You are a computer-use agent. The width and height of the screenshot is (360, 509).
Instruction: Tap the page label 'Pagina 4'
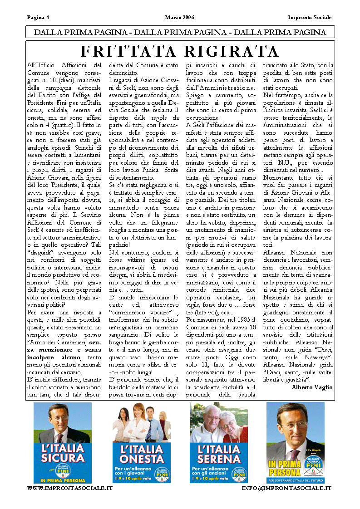click(x=38, y=18)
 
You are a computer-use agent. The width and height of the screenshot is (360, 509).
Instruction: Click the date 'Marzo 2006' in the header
click(x=179, y=18)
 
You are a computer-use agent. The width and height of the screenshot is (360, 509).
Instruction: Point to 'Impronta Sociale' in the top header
click(x=310, y=18)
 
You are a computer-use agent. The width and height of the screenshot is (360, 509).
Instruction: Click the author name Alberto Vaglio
click(x=312, y=387)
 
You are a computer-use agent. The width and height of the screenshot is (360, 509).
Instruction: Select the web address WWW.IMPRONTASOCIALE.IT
click(x=70, y=488)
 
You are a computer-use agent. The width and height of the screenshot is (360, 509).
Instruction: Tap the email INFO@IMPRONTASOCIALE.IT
click(x=286, y=488)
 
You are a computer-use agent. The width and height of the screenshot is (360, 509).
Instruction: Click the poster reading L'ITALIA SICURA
click(x=63, y=443)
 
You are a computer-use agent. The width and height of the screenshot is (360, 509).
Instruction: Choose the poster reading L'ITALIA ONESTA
click(x=142, y=443)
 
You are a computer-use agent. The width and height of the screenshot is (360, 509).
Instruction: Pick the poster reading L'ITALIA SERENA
click(x=219, y=443)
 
